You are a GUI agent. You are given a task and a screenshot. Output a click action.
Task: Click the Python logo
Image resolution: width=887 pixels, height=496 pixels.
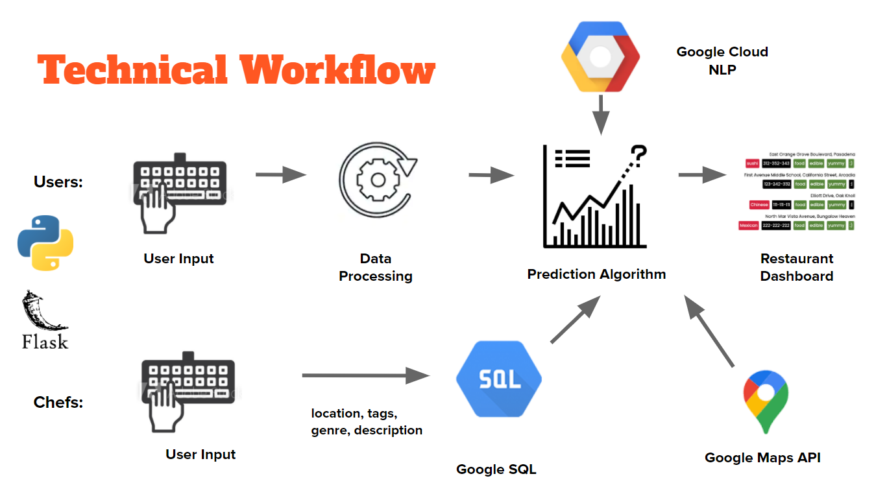click(x=45, y=242)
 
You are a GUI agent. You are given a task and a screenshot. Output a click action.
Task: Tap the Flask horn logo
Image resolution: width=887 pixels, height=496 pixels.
click(x=45, y=320)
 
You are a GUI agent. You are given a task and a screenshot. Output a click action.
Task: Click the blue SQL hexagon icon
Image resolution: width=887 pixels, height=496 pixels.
click(x=499, y=379)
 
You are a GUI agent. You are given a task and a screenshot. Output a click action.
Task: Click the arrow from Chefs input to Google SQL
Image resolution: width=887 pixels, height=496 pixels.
click(x=366, y=375)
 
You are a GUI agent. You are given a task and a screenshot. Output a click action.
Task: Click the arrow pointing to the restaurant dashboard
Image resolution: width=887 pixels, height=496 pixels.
click(x=702, y=174)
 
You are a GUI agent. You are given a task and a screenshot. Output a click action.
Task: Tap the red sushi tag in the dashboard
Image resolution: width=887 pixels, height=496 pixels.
click(x=752, y=163)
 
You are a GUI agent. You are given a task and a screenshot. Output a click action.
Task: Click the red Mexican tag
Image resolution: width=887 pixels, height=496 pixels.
click(x=749, y=226)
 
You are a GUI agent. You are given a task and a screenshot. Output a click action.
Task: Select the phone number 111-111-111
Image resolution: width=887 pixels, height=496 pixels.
click(x=781, y=205)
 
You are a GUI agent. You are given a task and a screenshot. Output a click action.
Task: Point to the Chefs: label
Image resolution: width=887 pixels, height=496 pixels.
click(x=58, y=403)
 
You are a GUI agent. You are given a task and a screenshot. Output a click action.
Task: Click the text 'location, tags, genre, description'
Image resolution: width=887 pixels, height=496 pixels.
click(x=367, y=421)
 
